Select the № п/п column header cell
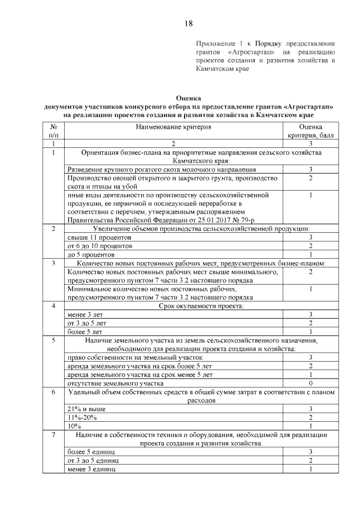pos(53,132)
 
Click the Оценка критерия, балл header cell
pos(310,132)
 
